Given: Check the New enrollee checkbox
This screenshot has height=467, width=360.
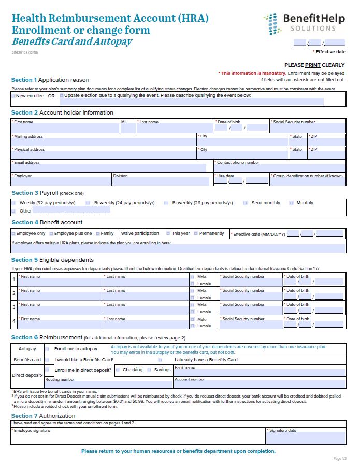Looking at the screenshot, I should tap(13, 96).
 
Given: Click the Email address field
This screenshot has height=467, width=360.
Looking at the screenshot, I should tap(109, 168).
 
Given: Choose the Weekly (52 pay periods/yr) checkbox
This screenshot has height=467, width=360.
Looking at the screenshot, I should tap(13, 203).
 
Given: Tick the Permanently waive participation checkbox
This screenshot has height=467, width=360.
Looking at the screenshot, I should tap(195, 234).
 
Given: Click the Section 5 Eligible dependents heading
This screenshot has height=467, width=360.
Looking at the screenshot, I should tap(52, 260).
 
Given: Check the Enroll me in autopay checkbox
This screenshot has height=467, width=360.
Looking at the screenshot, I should tap(47, 349).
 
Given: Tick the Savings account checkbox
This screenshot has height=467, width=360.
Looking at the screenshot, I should tap(150, 370).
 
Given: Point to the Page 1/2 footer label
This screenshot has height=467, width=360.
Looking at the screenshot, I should tap(339, 459).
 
